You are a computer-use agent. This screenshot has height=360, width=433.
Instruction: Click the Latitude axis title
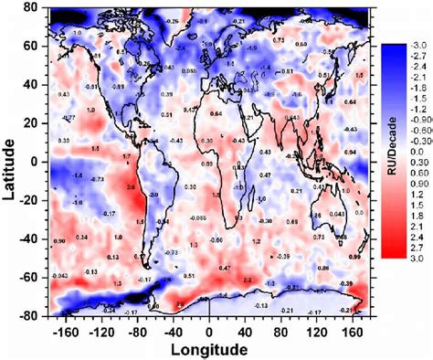point(10,161)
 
